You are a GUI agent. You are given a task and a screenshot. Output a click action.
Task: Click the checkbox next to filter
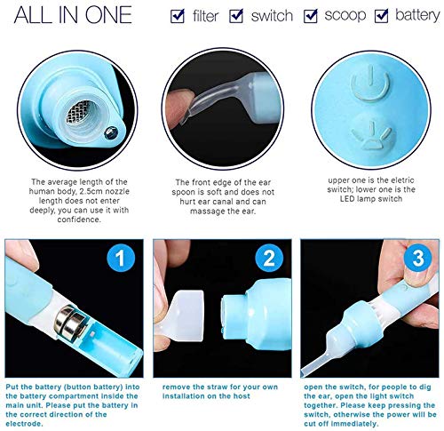click(178, 16)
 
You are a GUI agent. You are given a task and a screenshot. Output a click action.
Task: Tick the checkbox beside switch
click(236, 16)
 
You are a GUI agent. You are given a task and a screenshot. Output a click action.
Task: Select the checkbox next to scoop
click(310, 16)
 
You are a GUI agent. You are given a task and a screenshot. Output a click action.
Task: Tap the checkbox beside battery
click(381, 16)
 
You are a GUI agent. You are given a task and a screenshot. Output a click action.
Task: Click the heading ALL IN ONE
click(73, 15)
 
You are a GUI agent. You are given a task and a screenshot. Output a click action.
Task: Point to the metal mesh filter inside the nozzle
click(78, 113)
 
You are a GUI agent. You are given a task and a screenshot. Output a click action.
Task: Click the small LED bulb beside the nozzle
click(111, 132)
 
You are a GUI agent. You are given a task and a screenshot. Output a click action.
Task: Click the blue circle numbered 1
click(121, 258)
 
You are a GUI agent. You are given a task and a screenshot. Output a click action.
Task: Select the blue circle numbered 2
click(269, 258)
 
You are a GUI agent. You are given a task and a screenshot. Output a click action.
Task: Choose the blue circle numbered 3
click(417, 258)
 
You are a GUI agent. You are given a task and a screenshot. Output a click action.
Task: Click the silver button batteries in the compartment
click(70, 322)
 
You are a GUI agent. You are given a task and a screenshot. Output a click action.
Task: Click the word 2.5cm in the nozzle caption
click(90, 191)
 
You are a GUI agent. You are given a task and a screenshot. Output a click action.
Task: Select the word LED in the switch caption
click(347, 198)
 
